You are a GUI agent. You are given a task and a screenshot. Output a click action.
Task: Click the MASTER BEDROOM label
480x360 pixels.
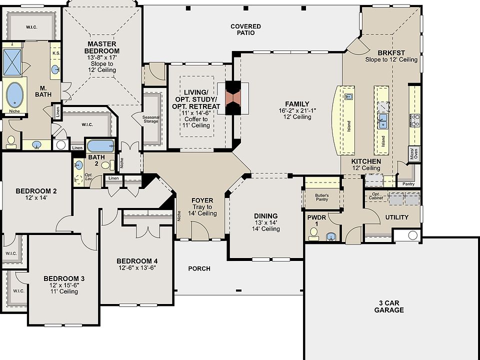tap(102, 47)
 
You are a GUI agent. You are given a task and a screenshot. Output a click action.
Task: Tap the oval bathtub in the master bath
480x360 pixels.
tap(14, 94)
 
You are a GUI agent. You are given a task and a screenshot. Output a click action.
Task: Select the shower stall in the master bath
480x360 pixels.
tap(12, 62)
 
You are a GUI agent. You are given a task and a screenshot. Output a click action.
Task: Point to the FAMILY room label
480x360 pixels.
tap(297, 104)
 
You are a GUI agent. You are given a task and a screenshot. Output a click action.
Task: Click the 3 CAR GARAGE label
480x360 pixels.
tap(389, 306)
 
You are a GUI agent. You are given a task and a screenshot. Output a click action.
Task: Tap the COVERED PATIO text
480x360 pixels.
tap(246, 29)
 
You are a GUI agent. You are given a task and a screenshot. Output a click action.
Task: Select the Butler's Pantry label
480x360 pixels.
tap(321, 197)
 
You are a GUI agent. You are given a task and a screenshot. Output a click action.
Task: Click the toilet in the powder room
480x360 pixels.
tap(313, 234)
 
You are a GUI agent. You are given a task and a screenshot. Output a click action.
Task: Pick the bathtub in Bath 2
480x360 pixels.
tap(100, 146)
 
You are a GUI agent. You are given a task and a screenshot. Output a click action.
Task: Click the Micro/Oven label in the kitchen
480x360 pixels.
tap(413, 153)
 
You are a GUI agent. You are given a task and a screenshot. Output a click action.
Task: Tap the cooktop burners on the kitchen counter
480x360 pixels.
tap(415, 120)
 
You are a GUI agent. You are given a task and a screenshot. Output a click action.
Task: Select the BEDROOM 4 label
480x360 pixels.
tap(137, 261)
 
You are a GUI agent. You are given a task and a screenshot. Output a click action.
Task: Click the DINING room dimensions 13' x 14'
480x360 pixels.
tap(265, 222)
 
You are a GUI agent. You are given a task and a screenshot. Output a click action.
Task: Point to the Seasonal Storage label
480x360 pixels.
tap(151, 119)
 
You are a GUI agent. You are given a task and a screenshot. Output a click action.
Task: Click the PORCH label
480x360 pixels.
tap(199, 269)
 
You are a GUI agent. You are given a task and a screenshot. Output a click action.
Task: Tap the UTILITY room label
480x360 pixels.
tap(396, 217)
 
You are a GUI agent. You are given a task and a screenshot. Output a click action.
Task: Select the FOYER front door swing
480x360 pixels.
tap(199, 230)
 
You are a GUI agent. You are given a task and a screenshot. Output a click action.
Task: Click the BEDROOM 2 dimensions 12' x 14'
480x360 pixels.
tap(36, 198)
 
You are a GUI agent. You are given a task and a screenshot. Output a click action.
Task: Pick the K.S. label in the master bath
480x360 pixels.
tap(56, 53)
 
